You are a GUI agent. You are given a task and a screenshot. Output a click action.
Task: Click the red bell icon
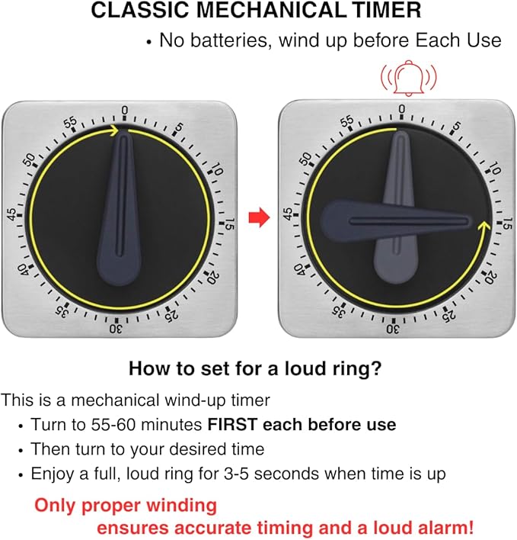(408, 78)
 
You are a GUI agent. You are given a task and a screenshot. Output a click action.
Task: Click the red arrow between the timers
(259, 217)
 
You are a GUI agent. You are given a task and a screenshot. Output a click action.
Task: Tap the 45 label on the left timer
(12, 214)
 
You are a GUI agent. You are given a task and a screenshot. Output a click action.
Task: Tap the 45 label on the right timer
(288, 214)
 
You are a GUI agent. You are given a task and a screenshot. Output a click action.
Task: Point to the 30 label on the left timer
(116, 329)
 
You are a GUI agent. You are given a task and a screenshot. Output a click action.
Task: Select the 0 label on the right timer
(401, 109)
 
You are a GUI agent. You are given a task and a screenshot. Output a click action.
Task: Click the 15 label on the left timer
(230, 224)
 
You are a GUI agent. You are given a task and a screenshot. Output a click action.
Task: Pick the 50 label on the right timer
(305, 158)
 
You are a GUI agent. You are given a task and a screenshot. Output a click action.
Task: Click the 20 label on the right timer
(490, 277)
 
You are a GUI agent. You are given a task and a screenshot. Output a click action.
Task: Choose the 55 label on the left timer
(71, 123)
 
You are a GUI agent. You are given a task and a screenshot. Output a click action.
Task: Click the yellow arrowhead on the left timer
(114, 130)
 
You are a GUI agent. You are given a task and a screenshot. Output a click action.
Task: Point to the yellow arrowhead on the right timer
(484, 227)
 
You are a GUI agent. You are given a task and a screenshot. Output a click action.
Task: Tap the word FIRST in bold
(232, 424)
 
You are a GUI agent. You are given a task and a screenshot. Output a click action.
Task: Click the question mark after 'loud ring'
(376, 368)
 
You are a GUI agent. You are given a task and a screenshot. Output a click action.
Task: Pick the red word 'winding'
(181, 506)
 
